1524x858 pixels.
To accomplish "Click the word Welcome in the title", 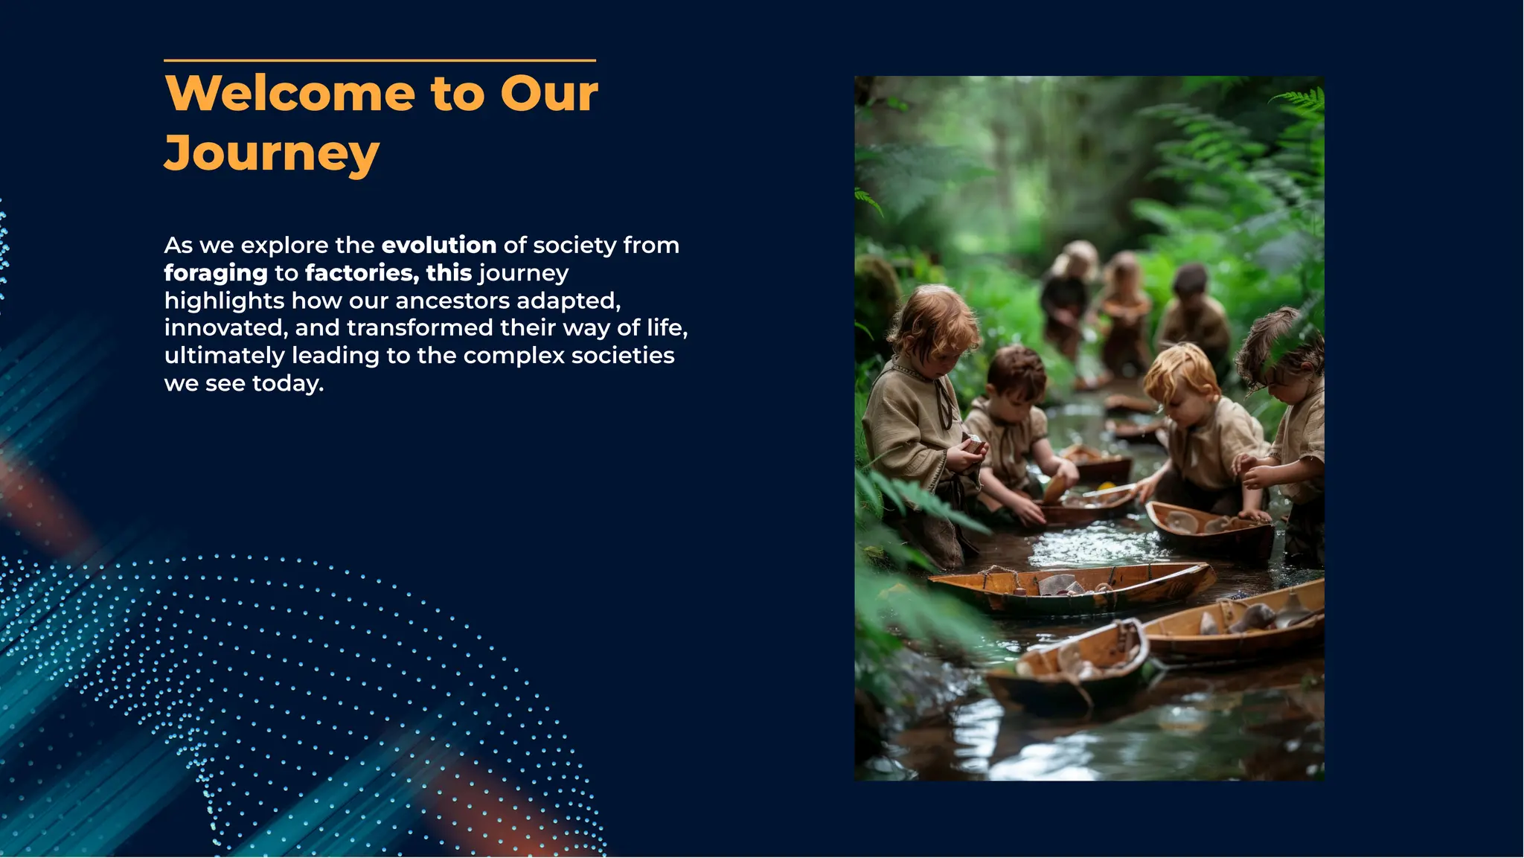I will [289, 94].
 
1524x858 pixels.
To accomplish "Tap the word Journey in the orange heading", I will [272, 154].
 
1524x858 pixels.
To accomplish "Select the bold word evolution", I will [438, 246].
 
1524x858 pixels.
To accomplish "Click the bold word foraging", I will [216, 273].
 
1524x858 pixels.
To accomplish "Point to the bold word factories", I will [362, 273].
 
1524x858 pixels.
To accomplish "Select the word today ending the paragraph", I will [287, 384].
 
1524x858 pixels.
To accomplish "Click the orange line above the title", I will [380, 60].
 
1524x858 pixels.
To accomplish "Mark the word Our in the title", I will [548, 94].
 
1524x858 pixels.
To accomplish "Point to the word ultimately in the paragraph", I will [224, 356].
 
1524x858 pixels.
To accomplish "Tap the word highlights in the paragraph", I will [224, 301].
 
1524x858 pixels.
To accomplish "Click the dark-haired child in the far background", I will [1191, 283].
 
